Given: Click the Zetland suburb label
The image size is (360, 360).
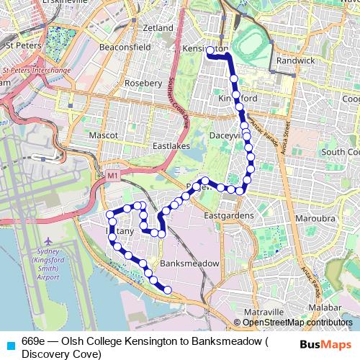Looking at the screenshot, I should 158,28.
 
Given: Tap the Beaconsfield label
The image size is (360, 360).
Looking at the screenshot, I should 125,47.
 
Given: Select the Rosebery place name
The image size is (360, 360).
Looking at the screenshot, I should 143,83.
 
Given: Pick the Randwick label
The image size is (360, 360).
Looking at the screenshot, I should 295,61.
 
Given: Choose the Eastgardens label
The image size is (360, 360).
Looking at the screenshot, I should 228,215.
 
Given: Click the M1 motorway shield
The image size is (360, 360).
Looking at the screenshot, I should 112,175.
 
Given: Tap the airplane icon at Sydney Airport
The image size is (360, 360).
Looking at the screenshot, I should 48,240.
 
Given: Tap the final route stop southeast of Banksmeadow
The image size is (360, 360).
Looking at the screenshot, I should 168,290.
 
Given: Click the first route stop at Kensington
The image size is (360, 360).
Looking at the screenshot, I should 210,50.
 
